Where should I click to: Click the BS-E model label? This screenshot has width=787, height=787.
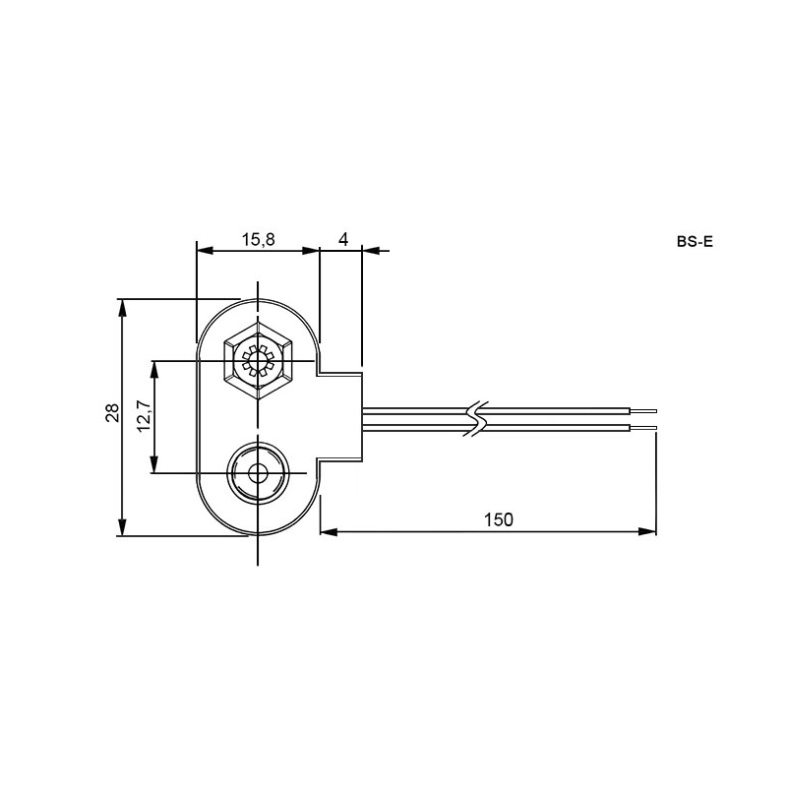tap(695, 241)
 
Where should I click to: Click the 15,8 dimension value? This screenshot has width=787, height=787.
tap(259, 239)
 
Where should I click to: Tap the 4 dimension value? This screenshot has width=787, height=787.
tap(343, 239)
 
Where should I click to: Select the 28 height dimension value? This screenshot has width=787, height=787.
tap(112, 412)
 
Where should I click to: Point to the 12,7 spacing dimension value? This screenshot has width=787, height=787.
tap(143, 416)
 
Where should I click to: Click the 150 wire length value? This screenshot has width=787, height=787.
tap(499, 519)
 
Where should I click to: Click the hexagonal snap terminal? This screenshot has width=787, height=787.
tap(258, 360)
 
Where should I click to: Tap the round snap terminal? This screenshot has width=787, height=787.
tap(258, 472)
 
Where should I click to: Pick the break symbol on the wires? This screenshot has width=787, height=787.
tap(477, 419)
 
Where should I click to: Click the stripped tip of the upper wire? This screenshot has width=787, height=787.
tap(643, 411)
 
